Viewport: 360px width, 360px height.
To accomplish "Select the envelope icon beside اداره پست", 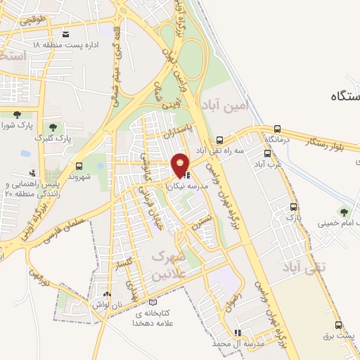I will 66,34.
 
